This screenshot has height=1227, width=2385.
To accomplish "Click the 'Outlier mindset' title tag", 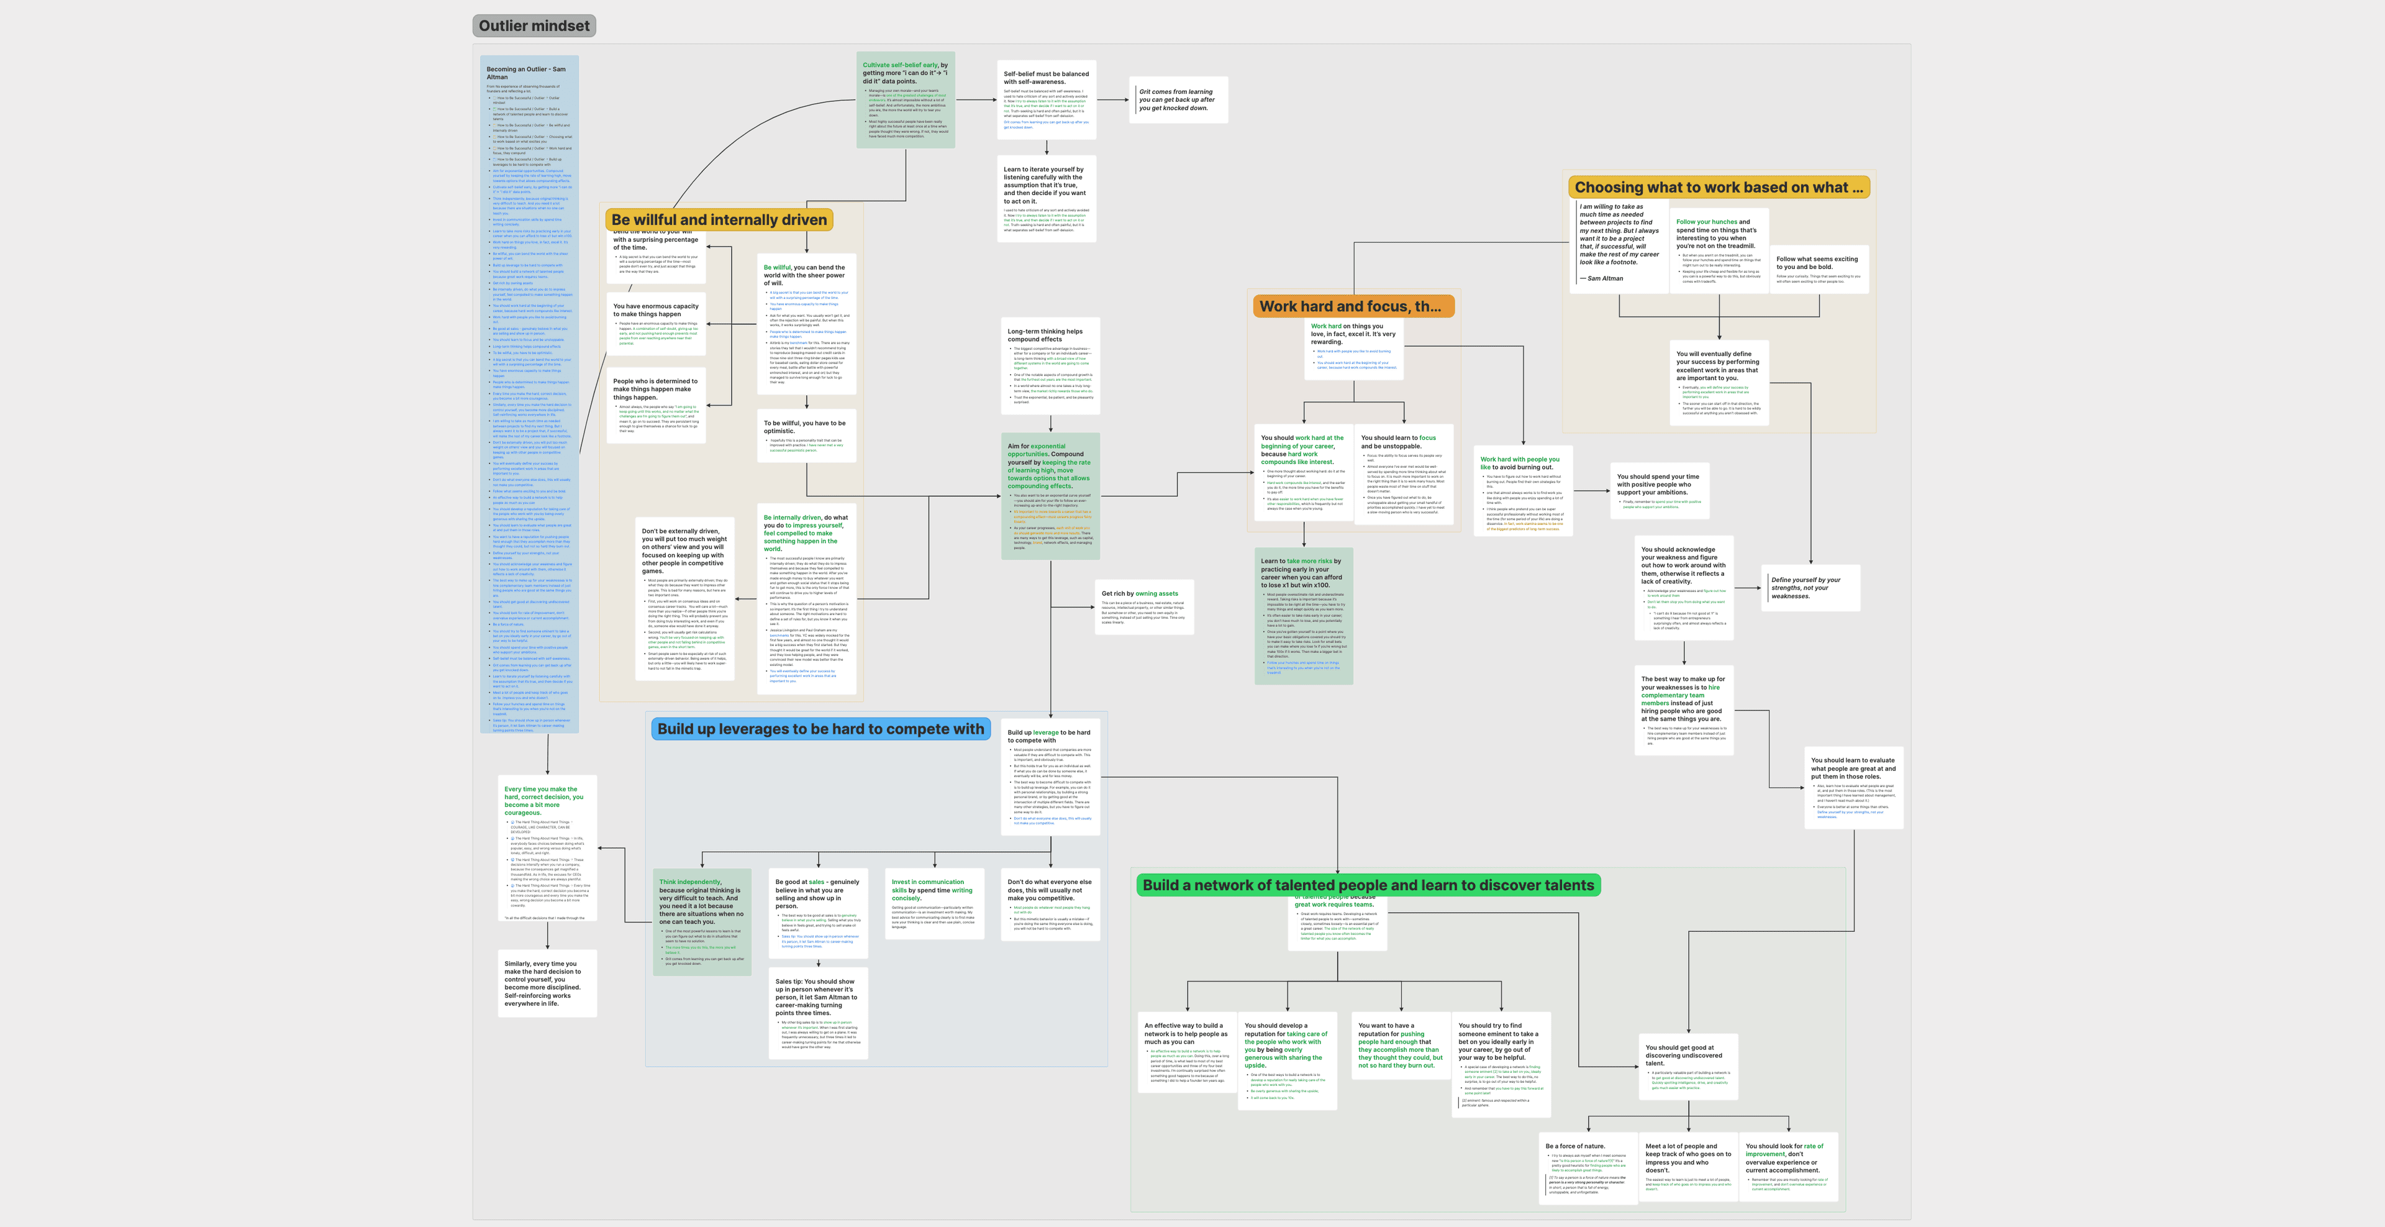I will point(534,26).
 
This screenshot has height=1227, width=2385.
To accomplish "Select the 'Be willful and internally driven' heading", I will point(719,219).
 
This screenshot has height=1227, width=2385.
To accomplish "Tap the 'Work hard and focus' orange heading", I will point(1350,306).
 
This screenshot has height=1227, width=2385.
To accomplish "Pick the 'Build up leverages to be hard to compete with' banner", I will point(820,729).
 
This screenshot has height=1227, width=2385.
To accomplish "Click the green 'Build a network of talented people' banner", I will point(1368,885).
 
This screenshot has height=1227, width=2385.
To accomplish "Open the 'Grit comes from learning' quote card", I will point(1178,100).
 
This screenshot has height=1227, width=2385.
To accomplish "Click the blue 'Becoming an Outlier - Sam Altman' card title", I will point(526,73).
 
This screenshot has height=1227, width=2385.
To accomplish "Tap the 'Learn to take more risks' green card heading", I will point(1301,572).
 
